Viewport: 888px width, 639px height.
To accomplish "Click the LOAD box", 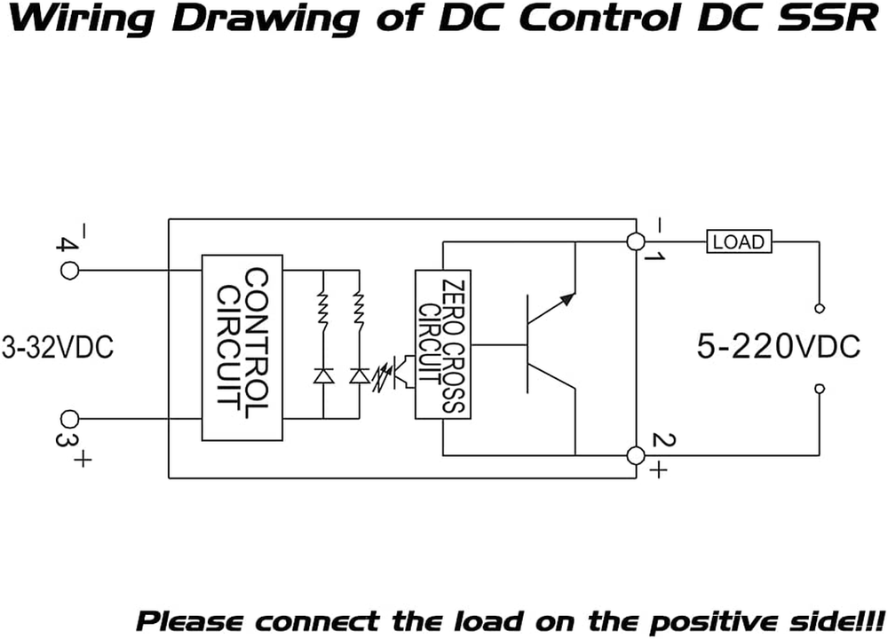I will coord(740,241).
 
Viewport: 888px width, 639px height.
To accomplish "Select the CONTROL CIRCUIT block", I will coord(242,348).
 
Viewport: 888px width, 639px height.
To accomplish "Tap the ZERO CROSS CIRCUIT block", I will coord(442,344).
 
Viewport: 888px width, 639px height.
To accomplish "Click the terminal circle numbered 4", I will coord(69,267).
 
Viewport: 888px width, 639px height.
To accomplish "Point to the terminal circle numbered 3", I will coord(69,419).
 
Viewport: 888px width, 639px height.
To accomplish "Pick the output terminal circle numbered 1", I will coord(635,241).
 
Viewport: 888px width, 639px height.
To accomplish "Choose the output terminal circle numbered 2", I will coord(635,455).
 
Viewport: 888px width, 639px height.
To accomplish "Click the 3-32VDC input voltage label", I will coord(57,347).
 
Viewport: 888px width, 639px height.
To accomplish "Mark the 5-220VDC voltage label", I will coord(778,346).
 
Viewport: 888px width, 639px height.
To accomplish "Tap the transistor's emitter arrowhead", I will coord(567,297).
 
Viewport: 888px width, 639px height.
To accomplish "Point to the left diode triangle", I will coord(322,376).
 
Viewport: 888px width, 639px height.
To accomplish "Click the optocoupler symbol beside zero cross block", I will coord(395,372).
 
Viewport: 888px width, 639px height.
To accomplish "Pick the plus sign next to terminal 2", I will coord(657,471).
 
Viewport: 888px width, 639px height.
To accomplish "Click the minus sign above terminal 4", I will coord(82,230).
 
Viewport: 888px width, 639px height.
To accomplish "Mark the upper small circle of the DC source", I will coord(819,308).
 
